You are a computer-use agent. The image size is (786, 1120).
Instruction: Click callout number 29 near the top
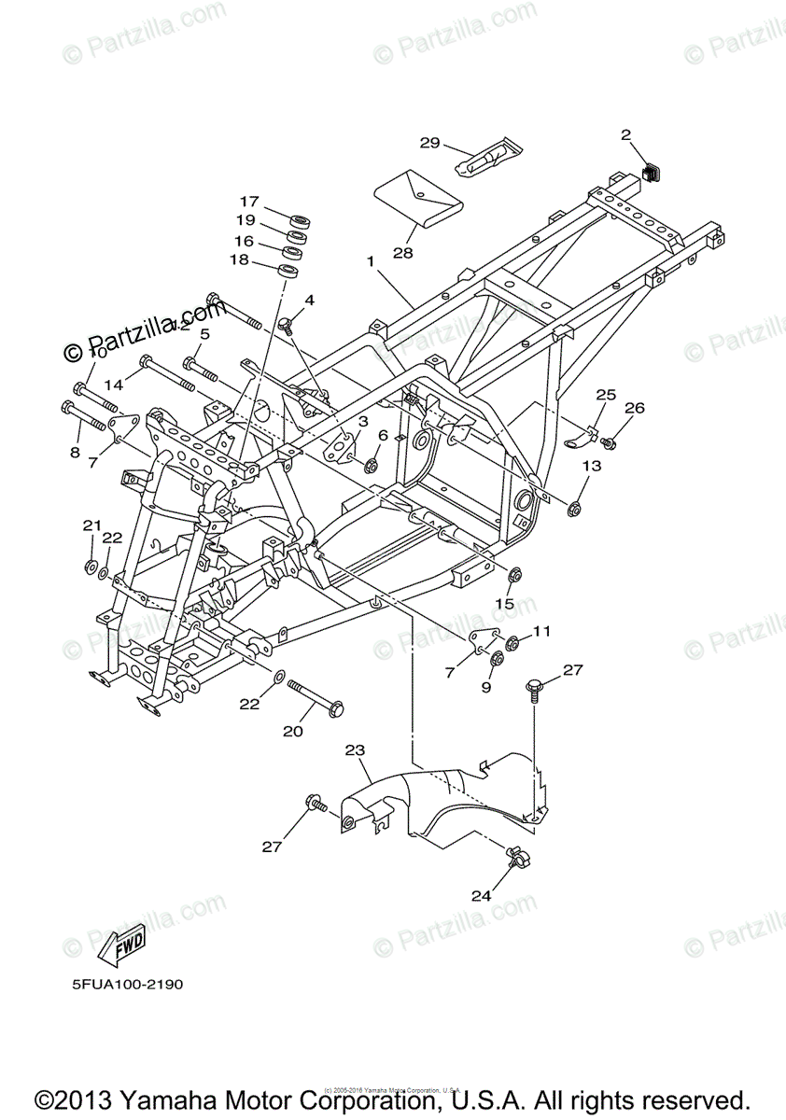tap(429, 143)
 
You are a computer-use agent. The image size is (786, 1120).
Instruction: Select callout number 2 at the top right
tap(626, 134)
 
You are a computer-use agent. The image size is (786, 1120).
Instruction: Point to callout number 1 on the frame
tap(371, 262)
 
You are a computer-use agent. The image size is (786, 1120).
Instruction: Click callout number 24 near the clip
tap(481, 895)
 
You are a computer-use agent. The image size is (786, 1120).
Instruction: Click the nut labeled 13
tap(575, 509)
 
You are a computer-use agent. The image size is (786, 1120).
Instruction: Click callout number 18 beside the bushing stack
tap(239, 260)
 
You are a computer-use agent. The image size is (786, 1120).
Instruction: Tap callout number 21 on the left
tap(91, 525)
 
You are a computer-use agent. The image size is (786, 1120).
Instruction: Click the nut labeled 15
tap(513, 571)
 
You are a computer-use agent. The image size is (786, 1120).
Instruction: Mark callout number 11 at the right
tap(542, 632)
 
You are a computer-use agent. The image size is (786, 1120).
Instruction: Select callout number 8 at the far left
tap(75, 453)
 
